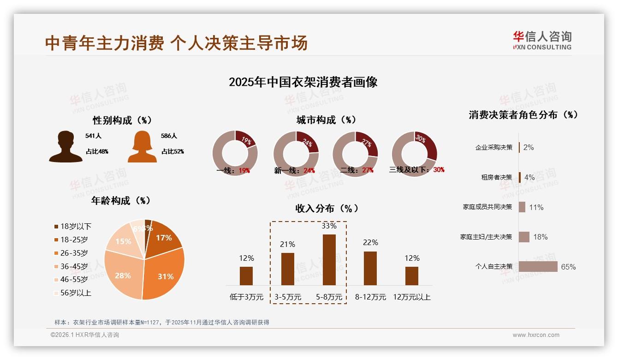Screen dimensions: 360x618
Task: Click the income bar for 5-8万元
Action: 329,260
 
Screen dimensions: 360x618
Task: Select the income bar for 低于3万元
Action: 246,276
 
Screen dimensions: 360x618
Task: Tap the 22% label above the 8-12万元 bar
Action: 370,242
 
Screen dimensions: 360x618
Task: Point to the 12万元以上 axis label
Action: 411,297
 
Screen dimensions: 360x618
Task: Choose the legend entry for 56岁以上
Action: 72,293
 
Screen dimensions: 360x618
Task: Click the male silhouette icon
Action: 65,147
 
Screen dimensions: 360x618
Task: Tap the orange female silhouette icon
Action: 142,147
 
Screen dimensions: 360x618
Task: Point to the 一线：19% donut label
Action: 233,170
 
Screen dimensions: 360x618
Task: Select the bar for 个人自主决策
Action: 538,266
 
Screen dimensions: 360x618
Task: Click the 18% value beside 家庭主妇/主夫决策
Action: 540,237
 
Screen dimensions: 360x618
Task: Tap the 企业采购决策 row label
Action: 493,147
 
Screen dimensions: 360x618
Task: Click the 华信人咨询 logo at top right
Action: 542,40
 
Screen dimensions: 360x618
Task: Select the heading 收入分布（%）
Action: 327,208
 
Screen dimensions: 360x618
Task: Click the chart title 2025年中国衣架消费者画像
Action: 303,82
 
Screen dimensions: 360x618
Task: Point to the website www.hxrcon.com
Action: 536,335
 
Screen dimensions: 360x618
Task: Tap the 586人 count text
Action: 169,136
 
